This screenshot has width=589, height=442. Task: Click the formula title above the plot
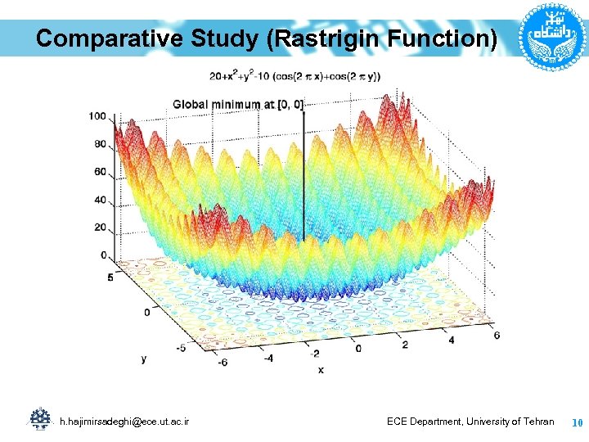(x=295, y=76)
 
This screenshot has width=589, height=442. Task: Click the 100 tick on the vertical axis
(x=97, y=116)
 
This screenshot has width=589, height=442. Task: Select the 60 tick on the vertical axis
(x=100, y=172)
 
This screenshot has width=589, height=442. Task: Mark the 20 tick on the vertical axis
(x=100, y=228)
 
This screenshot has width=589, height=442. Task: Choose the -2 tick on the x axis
(x=315, y=353)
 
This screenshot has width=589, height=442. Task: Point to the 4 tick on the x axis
(x=451, y=340)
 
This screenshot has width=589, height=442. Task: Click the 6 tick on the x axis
(x=497, y=336)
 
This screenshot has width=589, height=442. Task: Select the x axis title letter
(x=321, y=369)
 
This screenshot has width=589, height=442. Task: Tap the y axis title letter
(x=144, y=358)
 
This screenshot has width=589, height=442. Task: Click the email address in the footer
(x=124, y=421)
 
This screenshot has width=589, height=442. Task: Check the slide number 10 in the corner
(x=576, y=422)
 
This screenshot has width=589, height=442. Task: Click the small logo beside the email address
(x=39, y=419)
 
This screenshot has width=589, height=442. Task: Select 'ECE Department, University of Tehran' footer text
(x=470, y=421)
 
